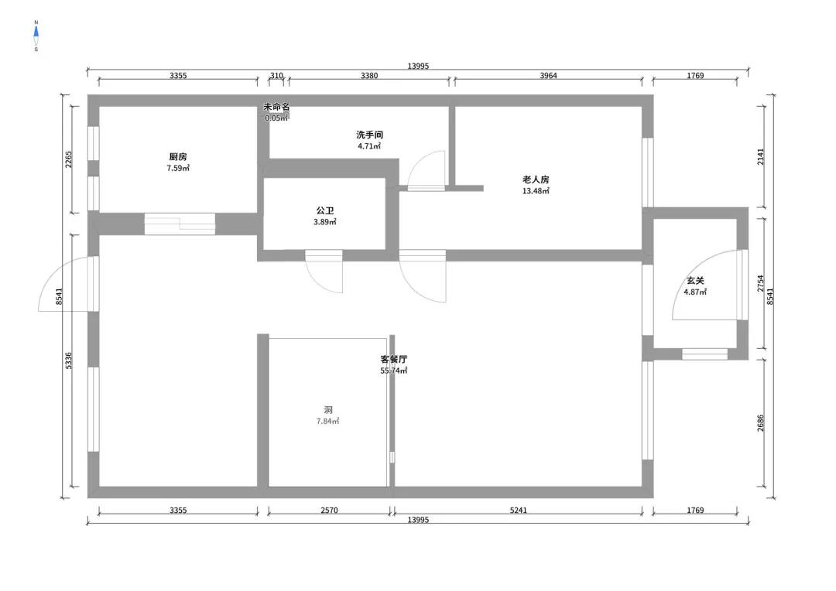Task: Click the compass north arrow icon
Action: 36,36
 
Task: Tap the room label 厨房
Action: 178,157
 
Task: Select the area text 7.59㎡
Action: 178,168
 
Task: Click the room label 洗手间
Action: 369,135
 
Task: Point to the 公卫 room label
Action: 324,210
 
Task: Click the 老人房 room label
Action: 536,179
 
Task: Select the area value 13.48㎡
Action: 536,191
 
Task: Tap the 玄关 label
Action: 695,280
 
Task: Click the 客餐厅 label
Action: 393,359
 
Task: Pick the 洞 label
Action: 328,410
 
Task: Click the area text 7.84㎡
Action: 328,421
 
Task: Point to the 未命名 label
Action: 276,107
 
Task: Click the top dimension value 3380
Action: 369,76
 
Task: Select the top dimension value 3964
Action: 548,76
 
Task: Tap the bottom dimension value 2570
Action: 329,510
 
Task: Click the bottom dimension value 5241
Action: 518,510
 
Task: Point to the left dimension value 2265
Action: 68,160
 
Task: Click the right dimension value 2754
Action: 760,283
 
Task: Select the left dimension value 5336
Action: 68,360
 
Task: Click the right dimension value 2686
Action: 760,423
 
